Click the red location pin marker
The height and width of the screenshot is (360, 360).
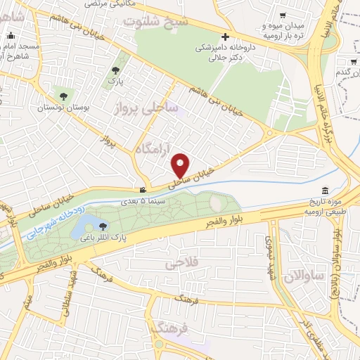pos(181,165)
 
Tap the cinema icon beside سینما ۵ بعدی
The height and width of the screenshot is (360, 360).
pos(143,190)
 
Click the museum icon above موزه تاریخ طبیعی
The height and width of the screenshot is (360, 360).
pos(324,191)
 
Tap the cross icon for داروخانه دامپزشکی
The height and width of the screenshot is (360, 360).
pos(225,37)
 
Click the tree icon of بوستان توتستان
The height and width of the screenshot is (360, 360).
pos(64,96)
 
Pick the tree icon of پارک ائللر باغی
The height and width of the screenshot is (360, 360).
pos(104,226)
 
